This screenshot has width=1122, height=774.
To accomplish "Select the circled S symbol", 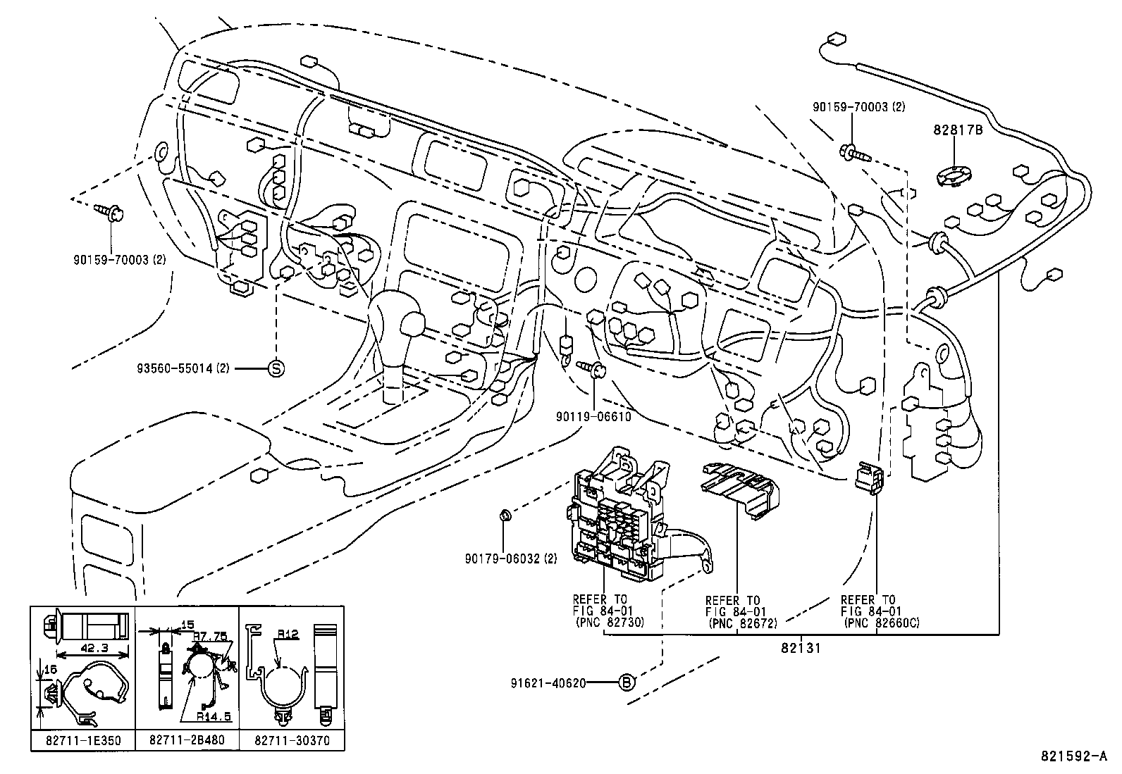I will click(276, 368).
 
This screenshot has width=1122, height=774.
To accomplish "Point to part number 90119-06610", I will click(593, 416).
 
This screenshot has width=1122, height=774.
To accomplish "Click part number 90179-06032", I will click(502, 558).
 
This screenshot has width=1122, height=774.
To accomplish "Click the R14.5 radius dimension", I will click(214, 716).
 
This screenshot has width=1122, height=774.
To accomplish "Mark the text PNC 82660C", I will click(881, 623).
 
